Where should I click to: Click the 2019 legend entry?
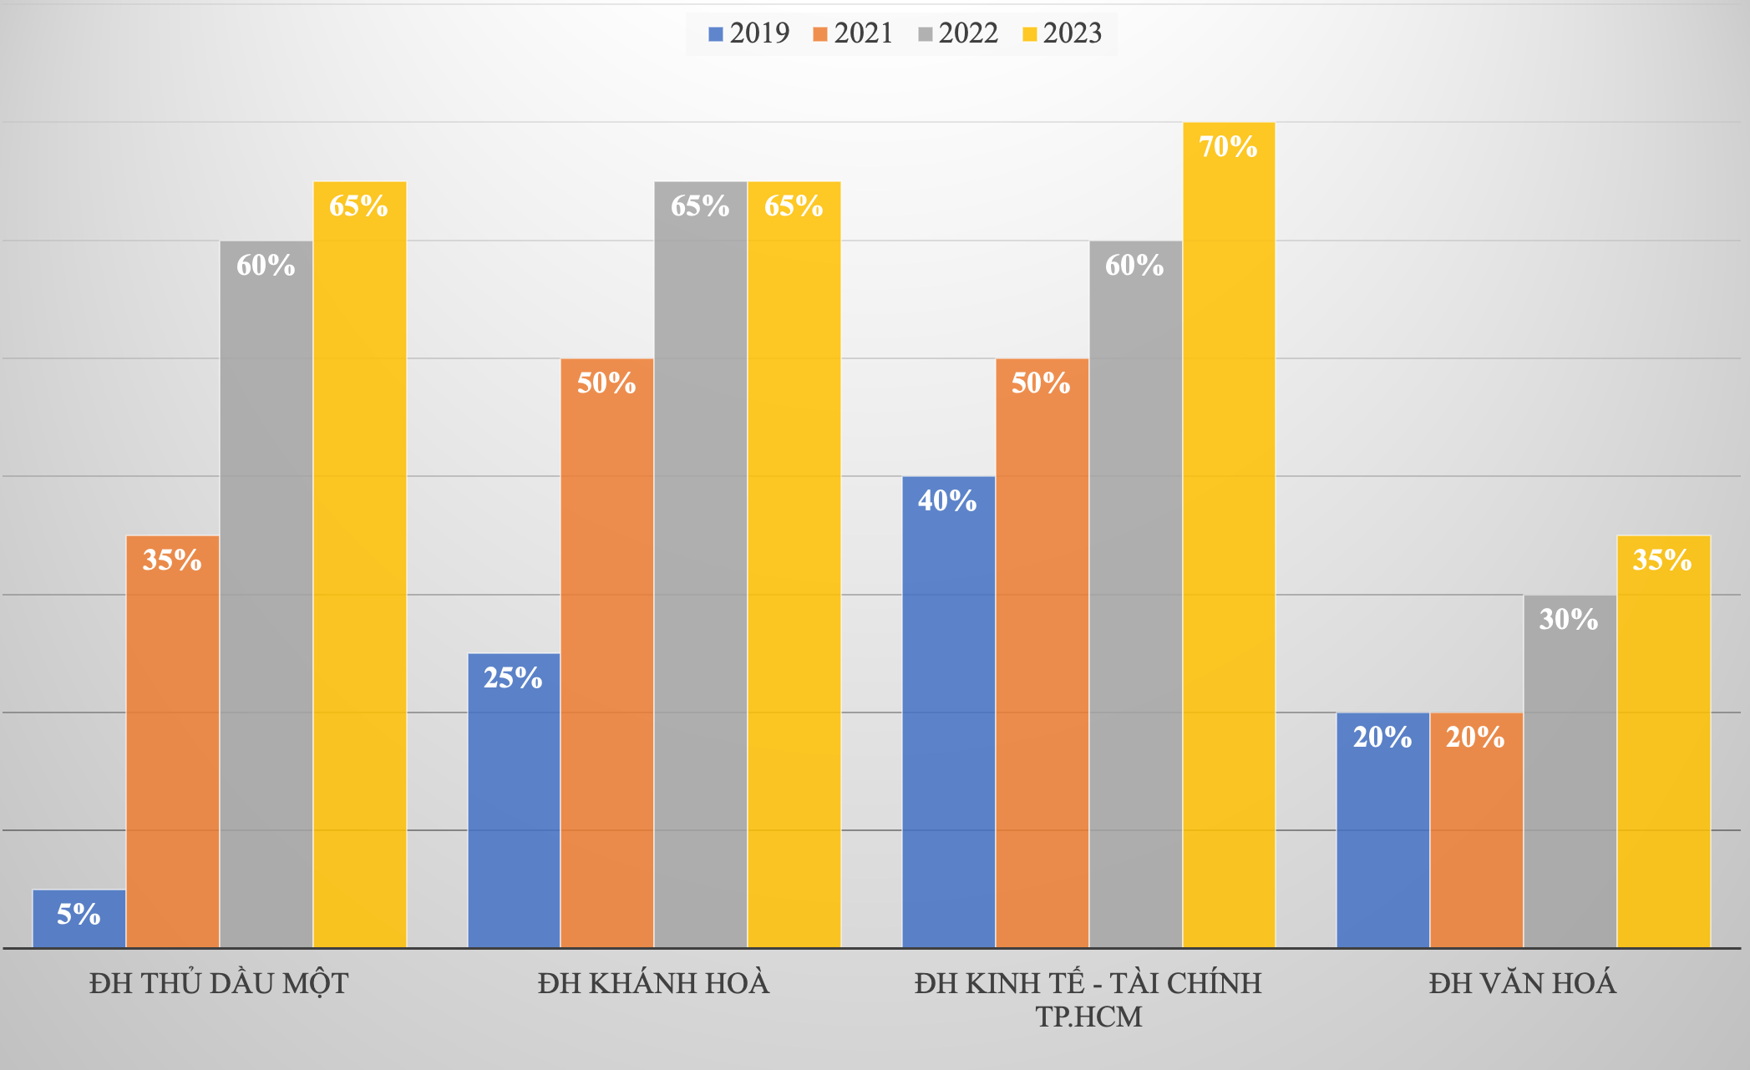tap(748, 33)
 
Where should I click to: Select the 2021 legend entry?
tap(853, 33)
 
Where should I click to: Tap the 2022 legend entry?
tap(957, 33)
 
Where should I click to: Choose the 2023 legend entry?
tap(1062, 33)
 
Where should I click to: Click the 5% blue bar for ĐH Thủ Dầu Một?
tap(79, 919)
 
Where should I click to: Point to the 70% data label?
tap(1228, 147)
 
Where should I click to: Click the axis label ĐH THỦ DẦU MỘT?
tap(219, 983)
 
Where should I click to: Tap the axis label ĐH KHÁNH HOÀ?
tap(653, 983)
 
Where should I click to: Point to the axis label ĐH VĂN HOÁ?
tap(1522, 983)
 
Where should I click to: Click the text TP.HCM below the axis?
tap(1088, 1017)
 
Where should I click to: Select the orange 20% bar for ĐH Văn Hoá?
tap(1476, 835)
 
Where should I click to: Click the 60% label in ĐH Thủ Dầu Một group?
tap(266, 266)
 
